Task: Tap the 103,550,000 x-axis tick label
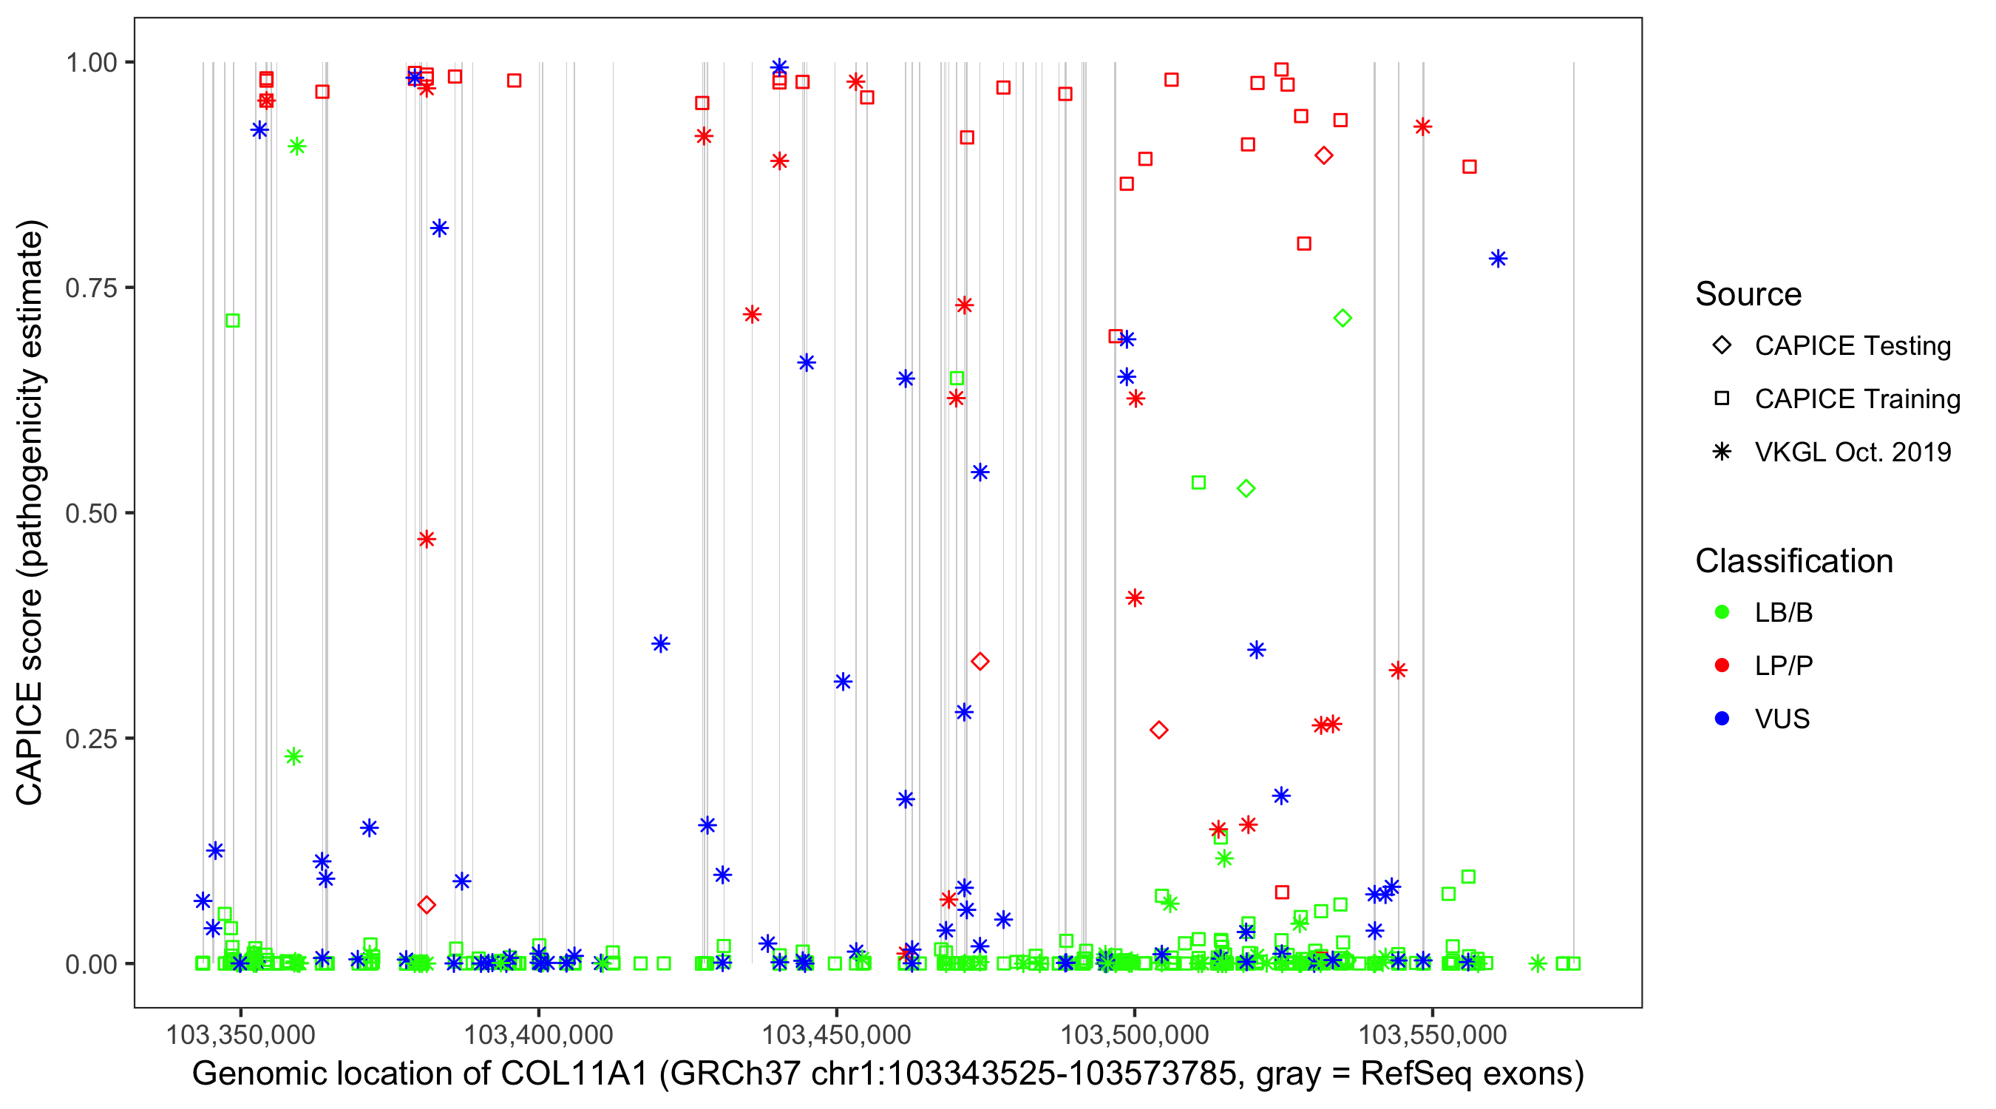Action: [1432, 1034]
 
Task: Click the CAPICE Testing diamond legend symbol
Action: [1722, 345]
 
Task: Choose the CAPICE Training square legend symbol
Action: [1722, 399]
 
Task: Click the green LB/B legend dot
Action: [1722, 612]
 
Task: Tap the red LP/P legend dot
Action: [1722, 665]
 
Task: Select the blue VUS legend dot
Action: [1722, 719]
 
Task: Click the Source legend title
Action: [1748, 294]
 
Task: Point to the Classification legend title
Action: [1793, 561]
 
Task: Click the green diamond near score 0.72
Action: [1342, 318]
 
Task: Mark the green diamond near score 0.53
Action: [1246, 488]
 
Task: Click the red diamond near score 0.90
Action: [1323, 156]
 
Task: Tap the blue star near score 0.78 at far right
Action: [1498, 259]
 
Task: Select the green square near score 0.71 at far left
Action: [232, 320]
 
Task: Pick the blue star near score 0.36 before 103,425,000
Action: [660, 643]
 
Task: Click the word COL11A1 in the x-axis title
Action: [574, 1074]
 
